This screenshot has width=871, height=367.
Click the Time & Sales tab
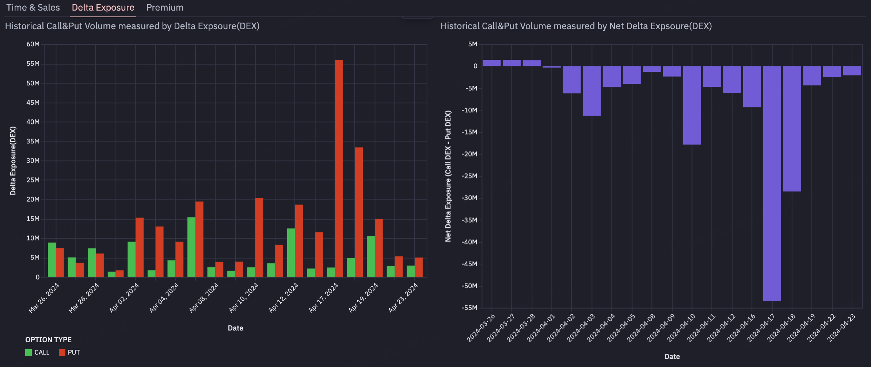33,8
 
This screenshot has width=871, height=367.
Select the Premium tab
165,8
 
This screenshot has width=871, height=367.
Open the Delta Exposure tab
103,8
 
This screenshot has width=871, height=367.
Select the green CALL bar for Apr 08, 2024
211,272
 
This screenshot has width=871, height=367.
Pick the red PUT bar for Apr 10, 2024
259,237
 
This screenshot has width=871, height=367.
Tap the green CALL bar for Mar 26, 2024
52,260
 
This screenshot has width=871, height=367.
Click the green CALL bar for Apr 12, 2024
291,252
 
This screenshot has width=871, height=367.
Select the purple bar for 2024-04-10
692,105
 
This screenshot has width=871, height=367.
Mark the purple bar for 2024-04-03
592,91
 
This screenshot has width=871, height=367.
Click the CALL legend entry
38,352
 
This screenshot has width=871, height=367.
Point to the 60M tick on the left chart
33,44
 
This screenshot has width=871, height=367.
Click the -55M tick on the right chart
469,308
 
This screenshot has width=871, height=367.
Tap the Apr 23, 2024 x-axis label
403,298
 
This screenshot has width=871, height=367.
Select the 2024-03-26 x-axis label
481,328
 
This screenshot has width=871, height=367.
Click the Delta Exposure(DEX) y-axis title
13,161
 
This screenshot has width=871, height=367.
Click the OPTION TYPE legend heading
48,340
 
